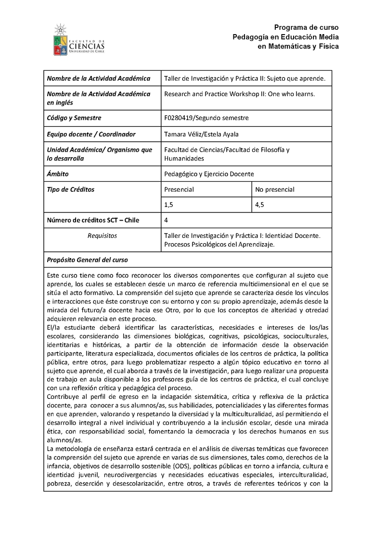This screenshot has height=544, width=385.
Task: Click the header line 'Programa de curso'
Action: (307, 27)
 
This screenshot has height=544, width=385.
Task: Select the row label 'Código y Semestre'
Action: (74, 118)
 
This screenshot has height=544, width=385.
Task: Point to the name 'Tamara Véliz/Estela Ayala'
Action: (201, 134)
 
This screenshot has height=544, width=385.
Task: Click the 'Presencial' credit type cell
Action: (179, 189)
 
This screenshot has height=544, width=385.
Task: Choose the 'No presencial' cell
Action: (275, 189)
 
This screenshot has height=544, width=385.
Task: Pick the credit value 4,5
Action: (260, 205)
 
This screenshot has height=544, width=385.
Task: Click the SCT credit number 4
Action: (166, 221)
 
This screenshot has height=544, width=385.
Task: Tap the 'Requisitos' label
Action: (102, 236)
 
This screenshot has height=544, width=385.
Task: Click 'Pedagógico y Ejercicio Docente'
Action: (209, 174)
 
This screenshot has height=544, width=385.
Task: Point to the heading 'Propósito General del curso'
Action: (87, 260)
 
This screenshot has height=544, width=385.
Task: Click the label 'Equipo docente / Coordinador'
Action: (91, 134)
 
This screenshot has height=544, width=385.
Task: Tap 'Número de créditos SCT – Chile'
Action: (92, 221)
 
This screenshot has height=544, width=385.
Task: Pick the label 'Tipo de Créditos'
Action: (71, 189)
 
